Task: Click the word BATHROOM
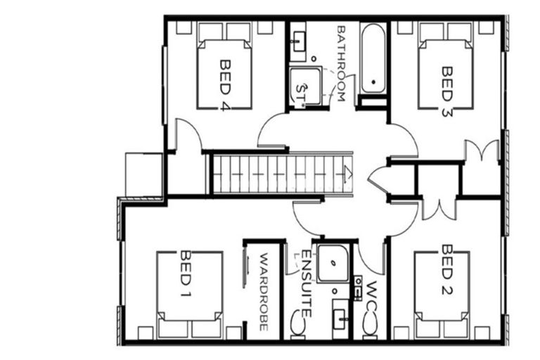(340, 64)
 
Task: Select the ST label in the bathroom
(301, 89)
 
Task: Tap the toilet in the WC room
(369, 324)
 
